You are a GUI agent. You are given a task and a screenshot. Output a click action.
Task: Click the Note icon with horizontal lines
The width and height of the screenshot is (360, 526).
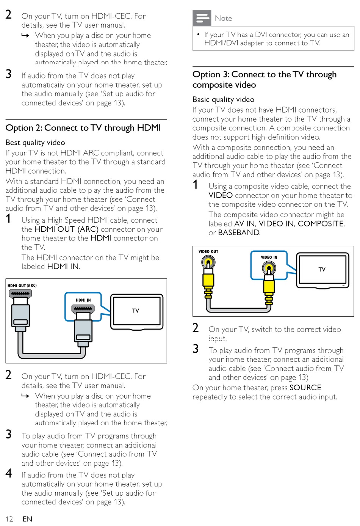[x=202, y=17]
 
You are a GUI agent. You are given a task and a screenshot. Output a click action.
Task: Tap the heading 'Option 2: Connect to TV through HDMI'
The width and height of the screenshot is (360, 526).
[x=83, y=128]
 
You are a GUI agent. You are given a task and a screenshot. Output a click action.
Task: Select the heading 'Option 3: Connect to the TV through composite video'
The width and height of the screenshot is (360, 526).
[x=264, y=79]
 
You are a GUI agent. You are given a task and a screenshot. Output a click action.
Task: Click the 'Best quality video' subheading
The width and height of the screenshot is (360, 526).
[x=35, y=143]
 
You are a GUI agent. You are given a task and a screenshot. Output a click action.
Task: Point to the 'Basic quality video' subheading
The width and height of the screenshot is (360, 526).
[x=223, y=99]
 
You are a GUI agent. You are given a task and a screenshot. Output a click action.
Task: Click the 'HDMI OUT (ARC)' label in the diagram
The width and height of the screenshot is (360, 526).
[x=22, y=286]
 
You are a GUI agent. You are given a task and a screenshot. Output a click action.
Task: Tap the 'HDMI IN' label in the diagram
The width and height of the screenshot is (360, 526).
[x=83, y=300]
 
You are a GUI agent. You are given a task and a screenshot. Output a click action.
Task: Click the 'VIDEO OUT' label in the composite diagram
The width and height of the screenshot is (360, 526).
[x=208, y=251]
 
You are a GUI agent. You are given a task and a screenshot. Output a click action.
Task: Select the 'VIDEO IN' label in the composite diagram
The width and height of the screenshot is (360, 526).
[x=269, y=258]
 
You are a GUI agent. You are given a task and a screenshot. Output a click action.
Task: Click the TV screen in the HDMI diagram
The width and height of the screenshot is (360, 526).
[x=136, y=311]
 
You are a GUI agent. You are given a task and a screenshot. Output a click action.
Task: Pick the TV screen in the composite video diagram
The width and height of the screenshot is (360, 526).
[x=322, y=269]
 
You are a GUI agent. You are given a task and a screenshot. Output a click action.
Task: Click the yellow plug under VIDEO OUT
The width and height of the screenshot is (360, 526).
[x=208, y=281]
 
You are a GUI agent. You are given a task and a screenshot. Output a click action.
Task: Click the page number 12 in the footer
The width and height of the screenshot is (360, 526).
[x=9, y=519]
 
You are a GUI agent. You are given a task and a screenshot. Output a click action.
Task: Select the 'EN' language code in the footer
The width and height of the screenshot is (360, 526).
[x=27, y=519]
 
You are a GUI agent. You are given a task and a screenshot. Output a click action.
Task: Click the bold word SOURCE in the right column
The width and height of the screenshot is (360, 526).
[x=305, y=388]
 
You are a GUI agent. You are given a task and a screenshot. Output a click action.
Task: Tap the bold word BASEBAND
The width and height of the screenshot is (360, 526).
[x=239, y=232]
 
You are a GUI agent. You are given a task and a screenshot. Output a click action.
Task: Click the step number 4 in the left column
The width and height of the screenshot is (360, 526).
[x=9, y=473]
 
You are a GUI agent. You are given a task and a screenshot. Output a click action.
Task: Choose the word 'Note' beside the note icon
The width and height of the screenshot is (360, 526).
[x=223, y=18]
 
